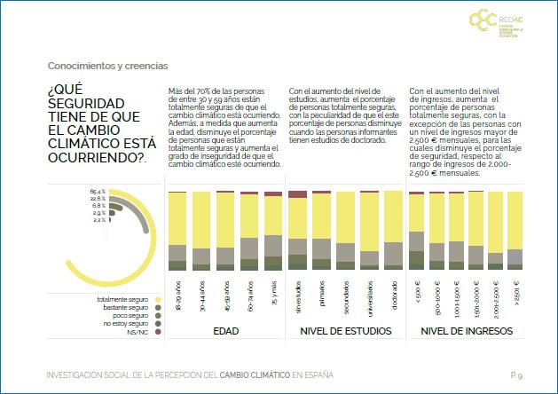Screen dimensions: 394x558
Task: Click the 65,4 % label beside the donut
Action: [98, 191]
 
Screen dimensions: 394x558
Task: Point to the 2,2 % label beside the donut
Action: [98, 220]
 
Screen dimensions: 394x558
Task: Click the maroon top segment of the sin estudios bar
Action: [298, 194]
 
